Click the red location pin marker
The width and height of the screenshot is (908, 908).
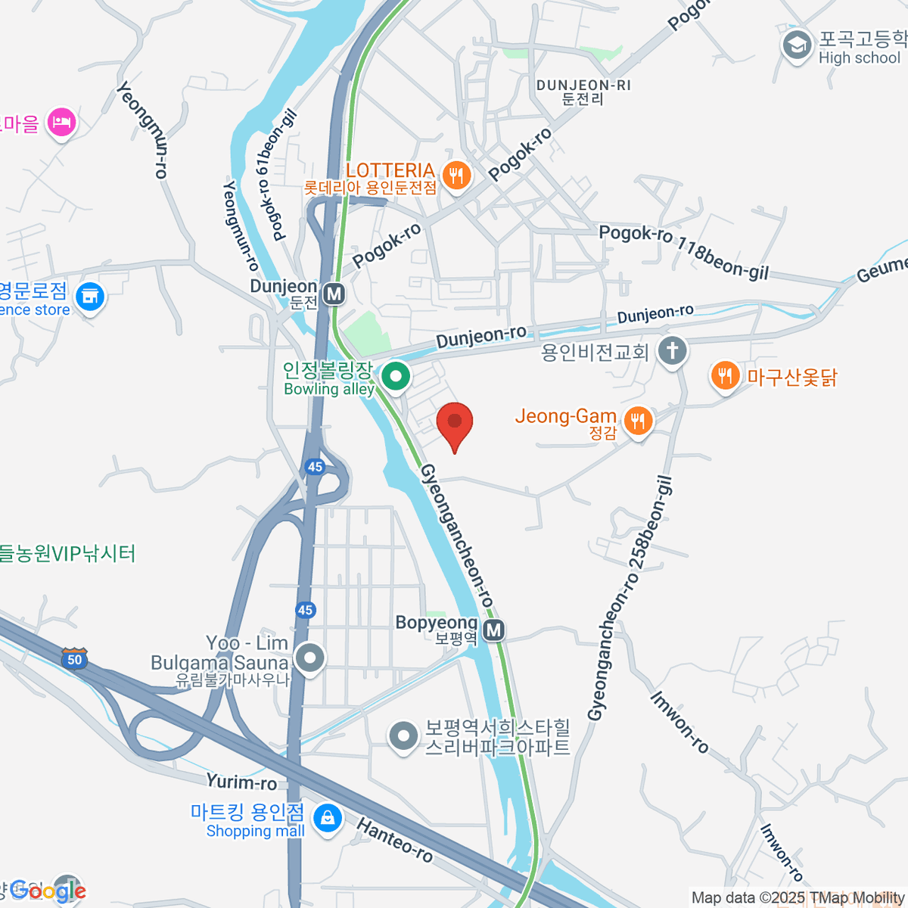pos(455,424)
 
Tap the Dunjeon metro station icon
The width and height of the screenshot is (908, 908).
pos(334,294)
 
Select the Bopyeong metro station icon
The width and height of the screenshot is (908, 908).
pos(493,630)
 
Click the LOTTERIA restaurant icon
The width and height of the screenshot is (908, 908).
pos(456,176)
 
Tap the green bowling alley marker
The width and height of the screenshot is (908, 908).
pos(394,376)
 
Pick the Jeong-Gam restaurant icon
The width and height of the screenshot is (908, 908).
pos(638,421)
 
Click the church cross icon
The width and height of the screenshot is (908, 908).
pos(672,350)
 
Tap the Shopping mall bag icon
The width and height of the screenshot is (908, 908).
pos(327,819)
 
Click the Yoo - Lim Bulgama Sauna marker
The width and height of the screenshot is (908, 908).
pos(309,658)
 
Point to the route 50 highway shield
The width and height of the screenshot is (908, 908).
pos(74,658)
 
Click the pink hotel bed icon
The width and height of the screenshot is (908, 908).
pos(61,122)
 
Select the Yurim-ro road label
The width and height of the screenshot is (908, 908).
pos(241,782)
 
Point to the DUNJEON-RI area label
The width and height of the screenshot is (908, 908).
pos(583,92)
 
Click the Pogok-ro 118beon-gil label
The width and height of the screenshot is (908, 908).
pos(683,251)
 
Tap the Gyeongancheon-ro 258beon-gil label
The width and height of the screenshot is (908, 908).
pos(630,598)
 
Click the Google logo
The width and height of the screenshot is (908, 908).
pos(47,891)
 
